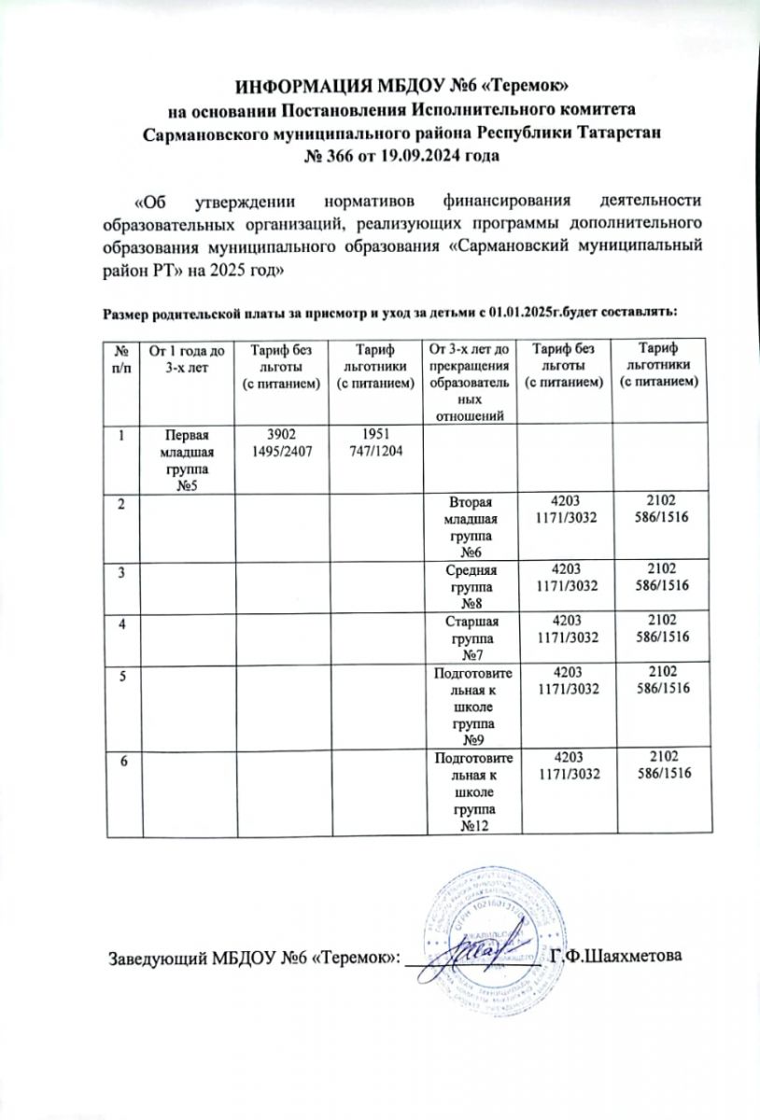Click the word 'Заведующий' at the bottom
click(x=152, y=958)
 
